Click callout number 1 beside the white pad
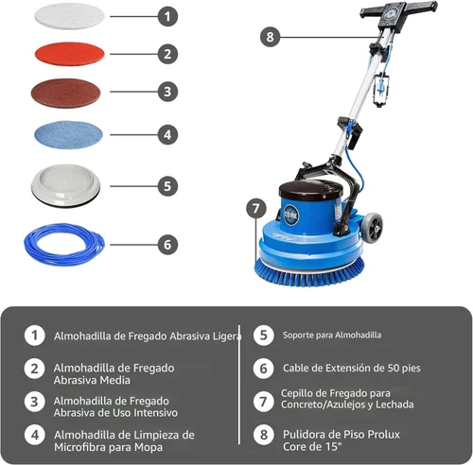tap(166, 16)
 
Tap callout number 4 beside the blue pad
tap(166, 134)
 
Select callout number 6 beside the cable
tap(166, 244)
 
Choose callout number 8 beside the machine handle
tap(271, 37)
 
